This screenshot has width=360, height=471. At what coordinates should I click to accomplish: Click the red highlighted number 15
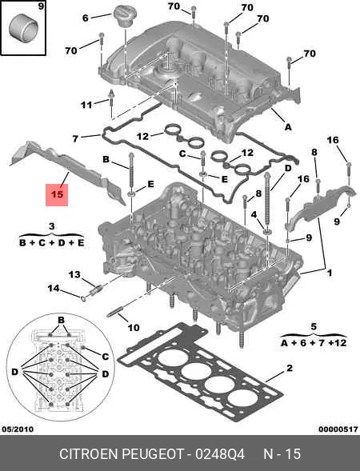[x=57, y=194]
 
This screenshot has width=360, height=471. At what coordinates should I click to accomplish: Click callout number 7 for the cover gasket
[x=75, y=138]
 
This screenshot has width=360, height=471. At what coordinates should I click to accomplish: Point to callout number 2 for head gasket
[x=290, y=368]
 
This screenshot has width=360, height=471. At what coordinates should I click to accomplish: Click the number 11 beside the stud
[x=86, y=105]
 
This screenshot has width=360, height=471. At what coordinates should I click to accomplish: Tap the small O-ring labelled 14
[x=84, y=298]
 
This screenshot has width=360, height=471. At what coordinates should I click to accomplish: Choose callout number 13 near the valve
[x=74, y=274]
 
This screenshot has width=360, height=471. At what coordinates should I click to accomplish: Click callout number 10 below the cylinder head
[x=134, y=327]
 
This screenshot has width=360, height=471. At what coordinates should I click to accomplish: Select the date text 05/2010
[x=18, y=429]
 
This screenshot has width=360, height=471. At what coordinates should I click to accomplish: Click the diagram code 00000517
[x=338, y=429]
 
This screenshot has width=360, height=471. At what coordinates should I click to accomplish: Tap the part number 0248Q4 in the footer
[x=220, y=453]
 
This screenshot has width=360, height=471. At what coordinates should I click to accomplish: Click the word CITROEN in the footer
[x=90, y=453]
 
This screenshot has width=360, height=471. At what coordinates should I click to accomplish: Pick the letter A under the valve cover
[x=288, y=127]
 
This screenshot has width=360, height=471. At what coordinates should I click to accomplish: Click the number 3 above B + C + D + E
[x=51, y=226]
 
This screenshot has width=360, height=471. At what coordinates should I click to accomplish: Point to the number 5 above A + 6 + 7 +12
[x=314, y=326]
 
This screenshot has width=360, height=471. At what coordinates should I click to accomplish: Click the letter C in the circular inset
[x=105, y=357]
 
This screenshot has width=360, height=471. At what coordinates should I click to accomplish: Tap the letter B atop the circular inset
[x=61, y=320]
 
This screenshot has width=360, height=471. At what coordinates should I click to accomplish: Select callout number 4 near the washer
[x=254, y=214]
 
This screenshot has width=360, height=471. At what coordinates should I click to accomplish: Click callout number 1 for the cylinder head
[x=330, y=273]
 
